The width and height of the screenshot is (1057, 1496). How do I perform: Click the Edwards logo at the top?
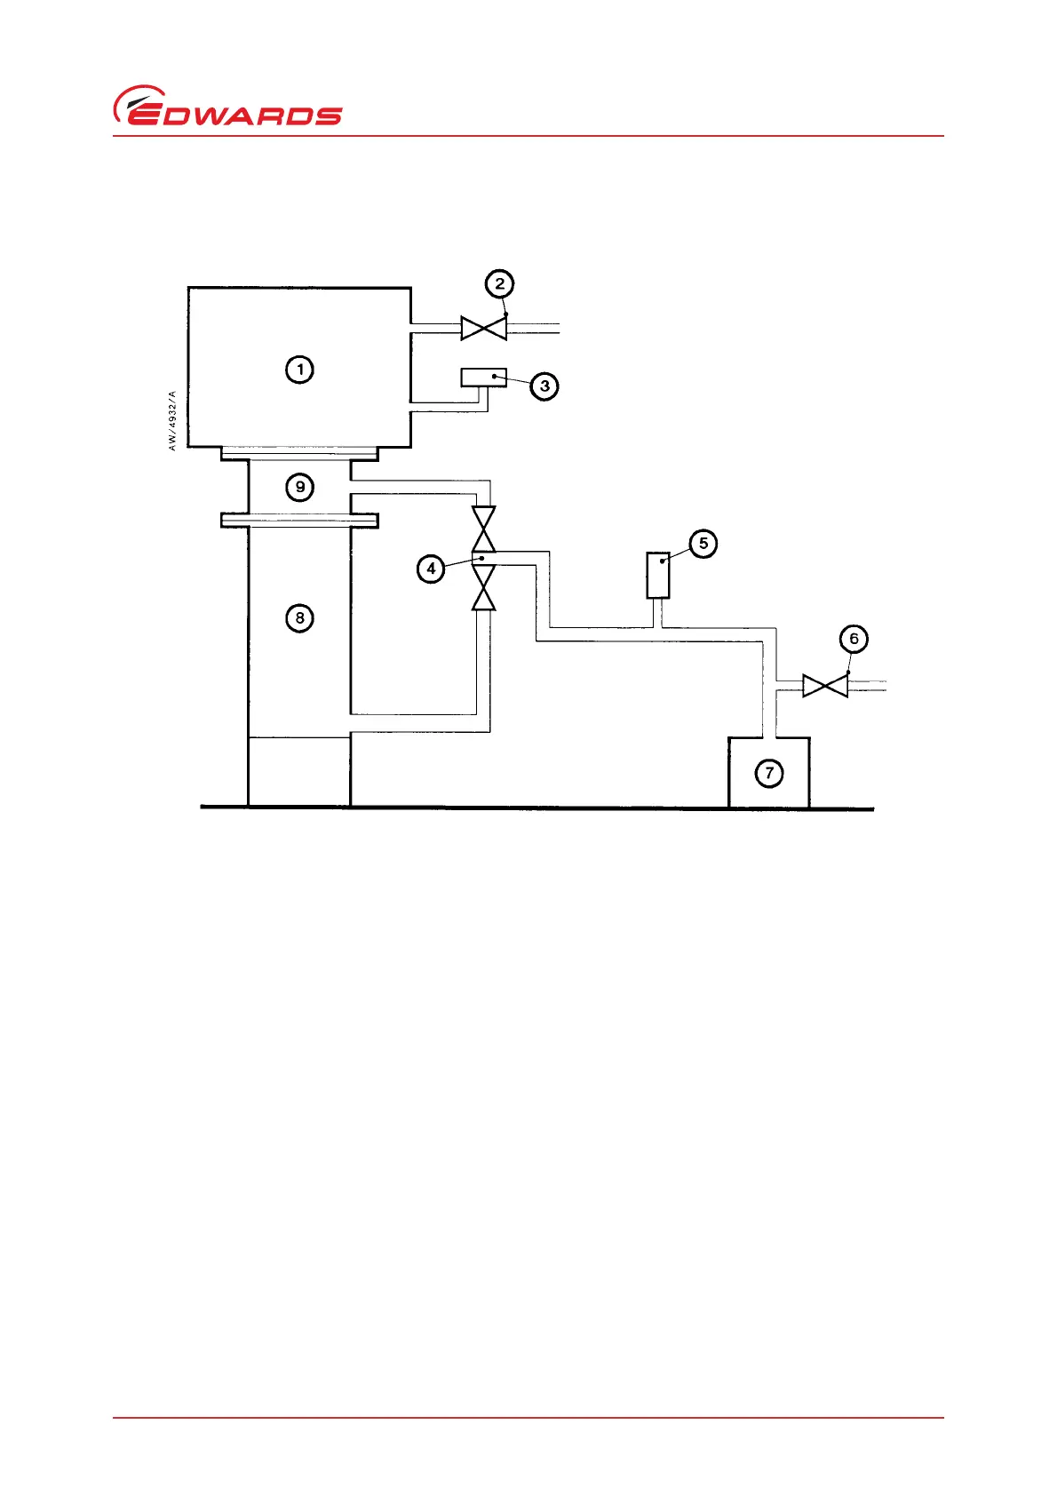coord(227,107)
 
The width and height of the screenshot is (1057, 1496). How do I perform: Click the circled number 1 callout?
coord(300,369)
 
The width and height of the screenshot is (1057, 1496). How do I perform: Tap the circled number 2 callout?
coord(499,283)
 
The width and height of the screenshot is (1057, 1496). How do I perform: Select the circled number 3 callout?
coord(544,386)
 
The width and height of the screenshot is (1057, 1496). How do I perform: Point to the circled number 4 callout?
coord(431,568)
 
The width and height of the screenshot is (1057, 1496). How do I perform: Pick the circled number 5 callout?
coord(703,544)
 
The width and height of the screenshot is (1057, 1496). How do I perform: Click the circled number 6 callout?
coord(854,639)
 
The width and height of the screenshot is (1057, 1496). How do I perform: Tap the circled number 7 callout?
coord(769,773)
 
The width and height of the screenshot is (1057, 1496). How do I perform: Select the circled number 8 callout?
coord(300,617)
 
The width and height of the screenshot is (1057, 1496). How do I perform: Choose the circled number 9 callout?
coord(300,487)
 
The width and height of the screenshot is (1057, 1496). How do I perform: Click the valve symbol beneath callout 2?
coord(484,328)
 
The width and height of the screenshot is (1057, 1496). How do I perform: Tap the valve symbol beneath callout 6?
coord(825,686)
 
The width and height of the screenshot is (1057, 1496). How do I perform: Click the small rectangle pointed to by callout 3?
coord(484,378)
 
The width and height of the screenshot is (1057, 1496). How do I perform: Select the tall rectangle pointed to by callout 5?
coord(658,575)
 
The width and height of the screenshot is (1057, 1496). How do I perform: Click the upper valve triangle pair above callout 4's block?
coord(484,529)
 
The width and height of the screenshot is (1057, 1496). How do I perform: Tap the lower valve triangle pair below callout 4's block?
coord(484,588)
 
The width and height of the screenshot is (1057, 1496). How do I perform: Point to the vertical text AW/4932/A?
coord(172,420)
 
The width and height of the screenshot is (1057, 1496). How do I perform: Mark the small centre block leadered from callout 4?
coord(484,558)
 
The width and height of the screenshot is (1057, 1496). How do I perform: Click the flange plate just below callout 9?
coord(300,520)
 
